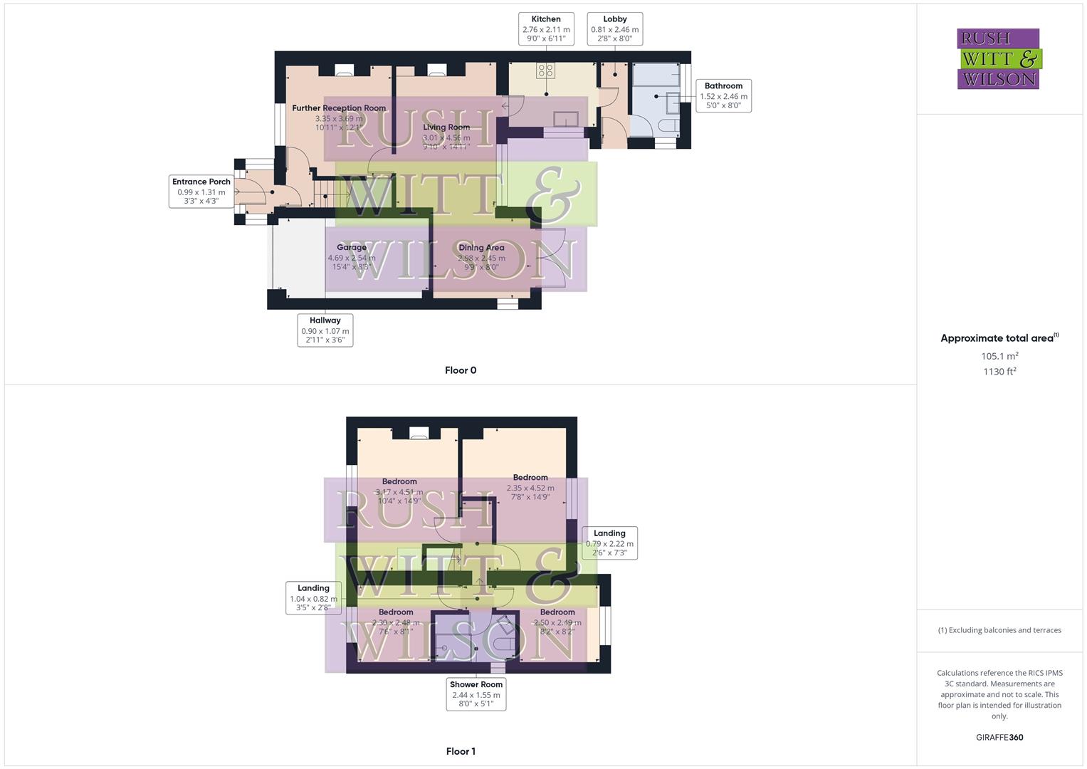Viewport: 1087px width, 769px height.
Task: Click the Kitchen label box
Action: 546,29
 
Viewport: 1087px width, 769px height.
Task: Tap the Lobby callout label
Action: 614,29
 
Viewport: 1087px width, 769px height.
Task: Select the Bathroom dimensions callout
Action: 723,95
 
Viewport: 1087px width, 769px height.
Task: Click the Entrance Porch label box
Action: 201,191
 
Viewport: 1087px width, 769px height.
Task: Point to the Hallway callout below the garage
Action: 325,330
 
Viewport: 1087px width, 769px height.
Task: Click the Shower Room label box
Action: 476,694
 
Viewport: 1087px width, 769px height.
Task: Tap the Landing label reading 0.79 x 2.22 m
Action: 609,543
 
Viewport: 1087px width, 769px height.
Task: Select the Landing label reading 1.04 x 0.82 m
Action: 313,598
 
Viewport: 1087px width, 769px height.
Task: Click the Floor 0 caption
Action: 461,370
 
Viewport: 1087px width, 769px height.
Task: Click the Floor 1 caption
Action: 461,751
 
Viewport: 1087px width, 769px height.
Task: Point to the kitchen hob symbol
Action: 546,70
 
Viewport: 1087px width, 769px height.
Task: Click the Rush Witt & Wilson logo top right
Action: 999,59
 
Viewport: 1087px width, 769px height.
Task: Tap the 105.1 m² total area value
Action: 999,356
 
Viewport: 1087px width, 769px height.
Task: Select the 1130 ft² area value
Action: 999,372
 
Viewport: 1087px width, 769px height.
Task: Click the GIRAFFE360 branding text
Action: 999,738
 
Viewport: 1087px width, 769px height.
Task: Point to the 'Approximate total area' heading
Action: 998,338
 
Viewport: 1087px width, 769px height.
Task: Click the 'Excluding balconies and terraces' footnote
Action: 999,630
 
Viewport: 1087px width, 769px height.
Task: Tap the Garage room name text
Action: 352,248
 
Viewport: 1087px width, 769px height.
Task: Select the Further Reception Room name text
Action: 339,108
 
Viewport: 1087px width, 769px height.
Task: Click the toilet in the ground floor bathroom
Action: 668,126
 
